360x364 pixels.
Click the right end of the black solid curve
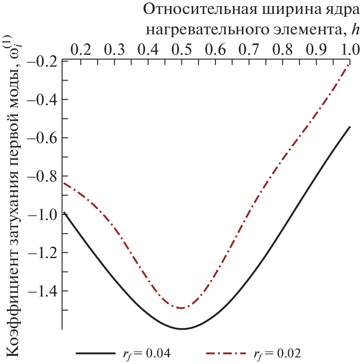350,126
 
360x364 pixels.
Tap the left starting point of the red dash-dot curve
63,183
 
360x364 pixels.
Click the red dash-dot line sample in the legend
227,353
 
